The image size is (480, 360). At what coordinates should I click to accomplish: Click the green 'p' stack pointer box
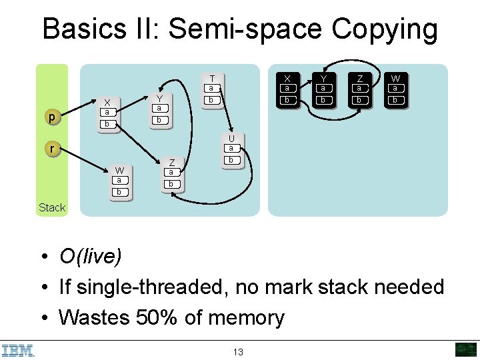point(52,117)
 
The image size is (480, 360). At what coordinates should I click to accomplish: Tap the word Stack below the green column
point(52,207)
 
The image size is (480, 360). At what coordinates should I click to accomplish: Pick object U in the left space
point(231,149)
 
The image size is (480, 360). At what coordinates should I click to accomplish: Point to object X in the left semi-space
point(107,113)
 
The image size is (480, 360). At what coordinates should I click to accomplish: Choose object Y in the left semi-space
point(159,109)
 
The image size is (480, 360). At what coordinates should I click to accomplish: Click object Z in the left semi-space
point(171,173)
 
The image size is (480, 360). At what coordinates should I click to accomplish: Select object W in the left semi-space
point(119,181)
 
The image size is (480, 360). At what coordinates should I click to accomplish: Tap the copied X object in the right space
point(287,89)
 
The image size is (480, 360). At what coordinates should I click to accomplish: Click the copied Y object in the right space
point(323,89)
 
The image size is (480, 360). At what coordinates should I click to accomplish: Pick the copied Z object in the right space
point(359,89)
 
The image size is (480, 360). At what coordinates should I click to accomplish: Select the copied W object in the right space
point(395,89)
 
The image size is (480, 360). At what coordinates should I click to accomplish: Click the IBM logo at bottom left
point(18,349)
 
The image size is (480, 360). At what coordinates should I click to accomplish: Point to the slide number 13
point(238,351)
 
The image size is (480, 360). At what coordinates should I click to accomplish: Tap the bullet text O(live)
point(91,256)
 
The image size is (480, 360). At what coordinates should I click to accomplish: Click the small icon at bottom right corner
point(465,349)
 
